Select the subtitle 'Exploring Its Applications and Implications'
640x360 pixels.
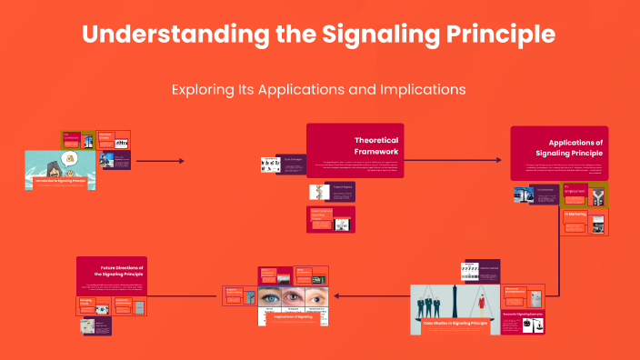point(318,90)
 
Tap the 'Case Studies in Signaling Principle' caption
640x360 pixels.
point(455,323)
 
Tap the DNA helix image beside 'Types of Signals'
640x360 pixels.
point(318,192)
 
